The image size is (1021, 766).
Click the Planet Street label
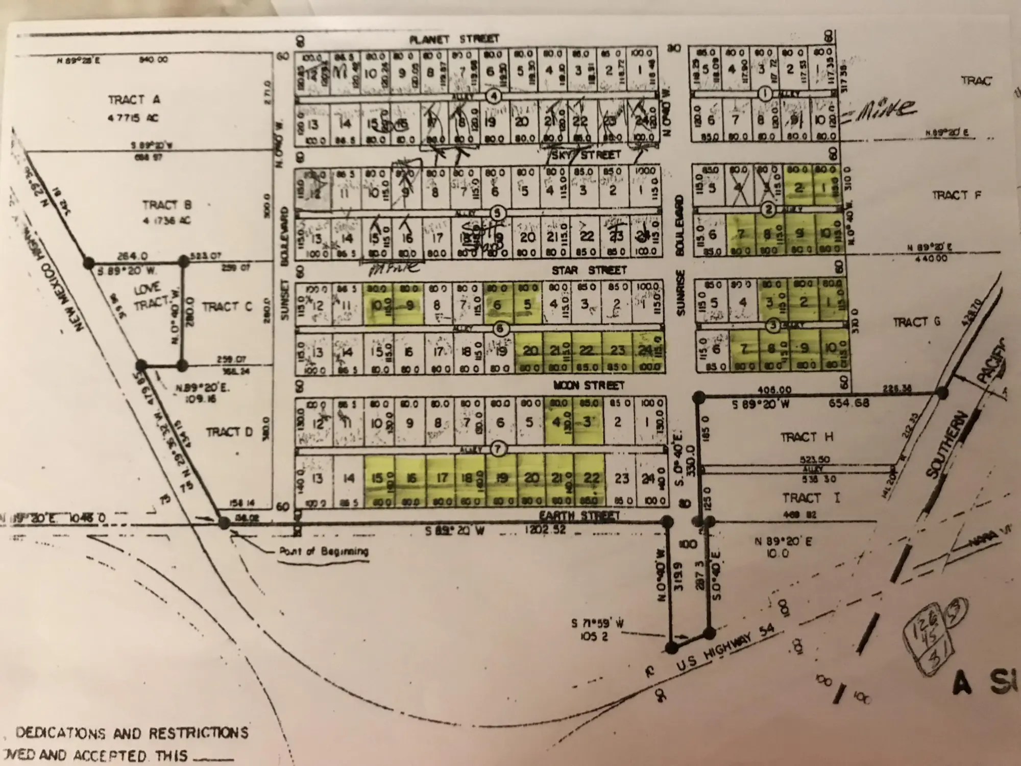point(455,39)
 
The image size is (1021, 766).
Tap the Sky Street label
point(586,154)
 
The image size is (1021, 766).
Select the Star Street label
point(589,270)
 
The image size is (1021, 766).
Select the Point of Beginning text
point(324,552)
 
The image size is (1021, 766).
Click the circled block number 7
point(498,449)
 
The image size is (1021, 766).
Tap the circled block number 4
point(493,95)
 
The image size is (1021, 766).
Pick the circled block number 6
point(501,329)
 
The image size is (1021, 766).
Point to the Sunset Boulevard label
point(284,264)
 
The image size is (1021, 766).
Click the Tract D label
point(229,433)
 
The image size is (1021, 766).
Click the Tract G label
point(917,322)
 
